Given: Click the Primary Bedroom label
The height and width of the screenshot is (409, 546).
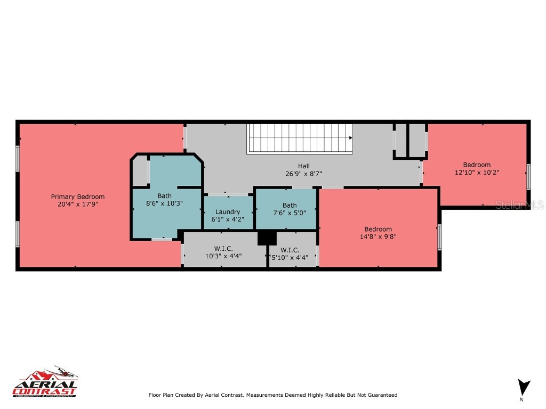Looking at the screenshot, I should pyautogui.click(x=78, y=197).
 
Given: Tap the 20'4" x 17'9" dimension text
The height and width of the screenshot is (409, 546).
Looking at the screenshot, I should pyautogui.click(x=78, y=204).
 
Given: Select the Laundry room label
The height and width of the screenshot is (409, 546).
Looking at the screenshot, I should pyautogui.click(x=228, y=211).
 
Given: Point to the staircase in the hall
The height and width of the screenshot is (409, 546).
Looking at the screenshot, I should pyautogui.click(x=300, y=138).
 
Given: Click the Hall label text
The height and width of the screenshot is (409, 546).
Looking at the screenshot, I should pyautogui.click(x=304, y=166).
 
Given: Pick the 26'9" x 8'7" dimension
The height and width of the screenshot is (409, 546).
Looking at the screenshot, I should pyautogui.click(x=304, y=173).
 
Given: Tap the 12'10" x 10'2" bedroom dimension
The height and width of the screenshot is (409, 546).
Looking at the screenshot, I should pyautogui.click(x=477, y=172).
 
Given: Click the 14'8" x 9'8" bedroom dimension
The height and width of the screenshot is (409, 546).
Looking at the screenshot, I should pyautogui.click(x=378, y=236).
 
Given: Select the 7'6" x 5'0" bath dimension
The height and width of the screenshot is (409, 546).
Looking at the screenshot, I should pyautogui.click(x=290, y=212).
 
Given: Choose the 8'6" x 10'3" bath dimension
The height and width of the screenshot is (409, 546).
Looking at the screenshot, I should pyautogui.click(x=164, y=203).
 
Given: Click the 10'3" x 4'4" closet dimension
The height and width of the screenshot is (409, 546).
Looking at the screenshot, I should pyautogui.click(x=223, y=256).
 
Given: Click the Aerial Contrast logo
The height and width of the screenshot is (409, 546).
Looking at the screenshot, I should pyautogui.click(x=45, y=383).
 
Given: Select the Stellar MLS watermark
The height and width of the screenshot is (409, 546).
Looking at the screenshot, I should pyautogui.click(x=519, y=205).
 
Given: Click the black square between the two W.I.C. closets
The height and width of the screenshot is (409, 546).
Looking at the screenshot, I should pyautogui.click(x=267, y=238).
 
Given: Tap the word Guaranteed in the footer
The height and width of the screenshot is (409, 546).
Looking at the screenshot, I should pyautogui.click(x=381, y=395).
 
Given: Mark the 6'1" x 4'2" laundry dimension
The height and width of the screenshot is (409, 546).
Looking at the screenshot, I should pyautogui.click(x=228, y=219).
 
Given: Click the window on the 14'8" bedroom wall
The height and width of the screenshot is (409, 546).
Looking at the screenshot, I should pyautogui.click(x=439, y=238).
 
